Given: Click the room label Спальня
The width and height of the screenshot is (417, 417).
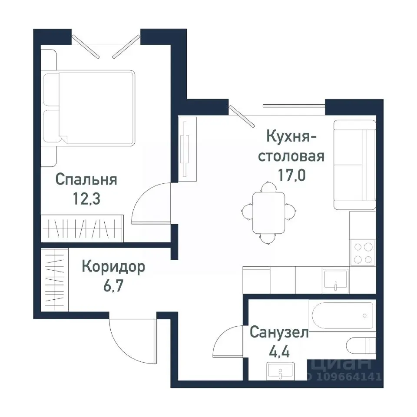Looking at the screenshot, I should (86, 179).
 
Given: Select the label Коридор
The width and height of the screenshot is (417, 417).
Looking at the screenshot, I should (113, 267).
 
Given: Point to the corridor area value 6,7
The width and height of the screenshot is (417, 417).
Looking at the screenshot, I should (113, 286).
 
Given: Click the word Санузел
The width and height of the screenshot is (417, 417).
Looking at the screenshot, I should (279, 333).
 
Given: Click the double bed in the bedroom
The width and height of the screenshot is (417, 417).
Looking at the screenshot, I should (96, 107).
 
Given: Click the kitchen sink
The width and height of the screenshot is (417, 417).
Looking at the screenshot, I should (335, 280).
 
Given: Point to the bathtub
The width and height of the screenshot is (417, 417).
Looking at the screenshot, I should (341, 315).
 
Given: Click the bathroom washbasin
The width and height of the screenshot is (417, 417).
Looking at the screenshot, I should (280, 372).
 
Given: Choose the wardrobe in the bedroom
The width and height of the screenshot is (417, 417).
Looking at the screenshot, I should (83, 228).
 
